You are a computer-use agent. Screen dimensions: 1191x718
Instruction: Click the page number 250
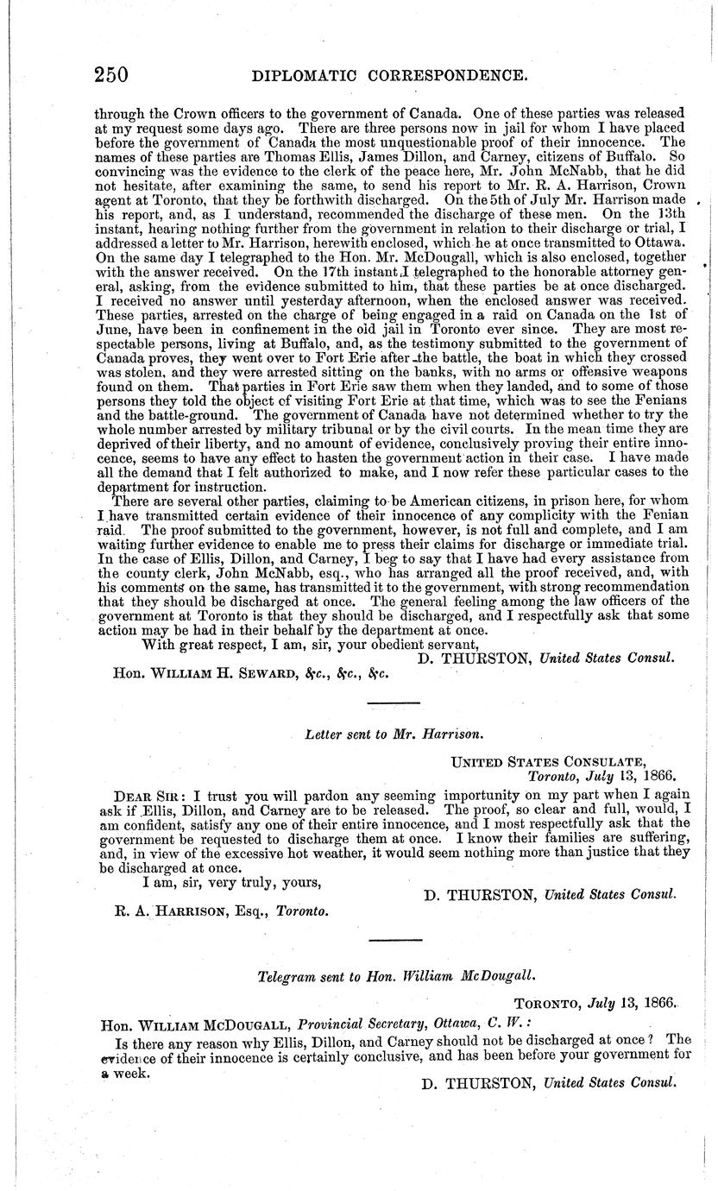(110, 75)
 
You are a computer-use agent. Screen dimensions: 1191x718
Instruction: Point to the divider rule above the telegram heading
(394, 939)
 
